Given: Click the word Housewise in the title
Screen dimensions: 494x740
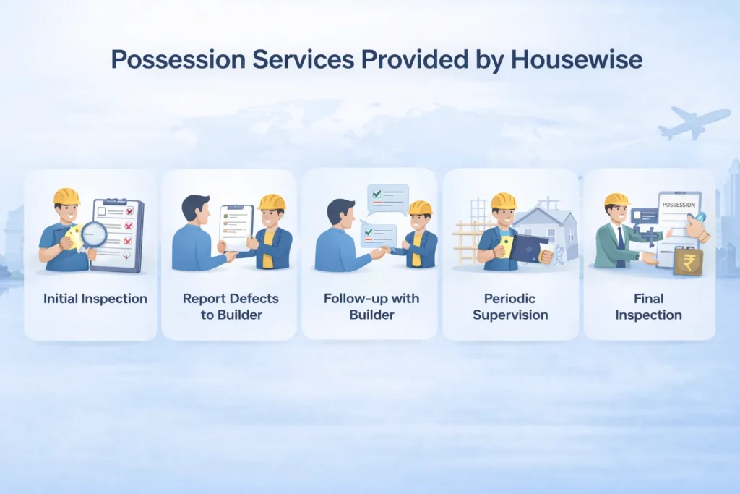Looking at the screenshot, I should pyautogui.click(x=576, y=59).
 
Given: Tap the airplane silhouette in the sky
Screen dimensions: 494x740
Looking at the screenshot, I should pyautogui.click(x=692, y=122).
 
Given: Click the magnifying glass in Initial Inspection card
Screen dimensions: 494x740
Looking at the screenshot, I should pyautogui.click(x=93, y=234).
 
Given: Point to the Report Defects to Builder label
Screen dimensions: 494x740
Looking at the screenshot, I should pyautogui.click(x=230, y=306).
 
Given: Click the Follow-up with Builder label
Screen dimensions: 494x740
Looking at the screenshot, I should pyautogui.click(x=369, y=306).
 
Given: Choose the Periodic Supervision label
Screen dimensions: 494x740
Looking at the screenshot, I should pyautogui.click(x=510, y=306).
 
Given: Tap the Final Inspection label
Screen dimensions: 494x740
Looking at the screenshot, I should pyautogui.click(x=649, y=306).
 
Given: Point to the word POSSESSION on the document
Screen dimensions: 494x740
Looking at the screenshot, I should pyautogui.click(x=678, y=205).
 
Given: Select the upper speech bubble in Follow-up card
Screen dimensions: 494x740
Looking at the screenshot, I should pyautogui.click(x=387, y=196).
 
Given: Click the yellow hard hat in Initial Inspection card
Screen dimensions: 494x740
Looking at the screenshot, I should pyautogui.click(x=66, y=196).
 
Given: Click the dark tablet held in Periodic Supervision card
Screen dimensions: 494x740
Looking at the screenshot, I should pyautogui.click(x=528, y=247).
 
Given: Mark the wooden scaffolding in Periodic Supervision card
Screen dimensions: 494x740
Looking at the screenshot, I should pyautogui.click(x=467, y=232).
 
